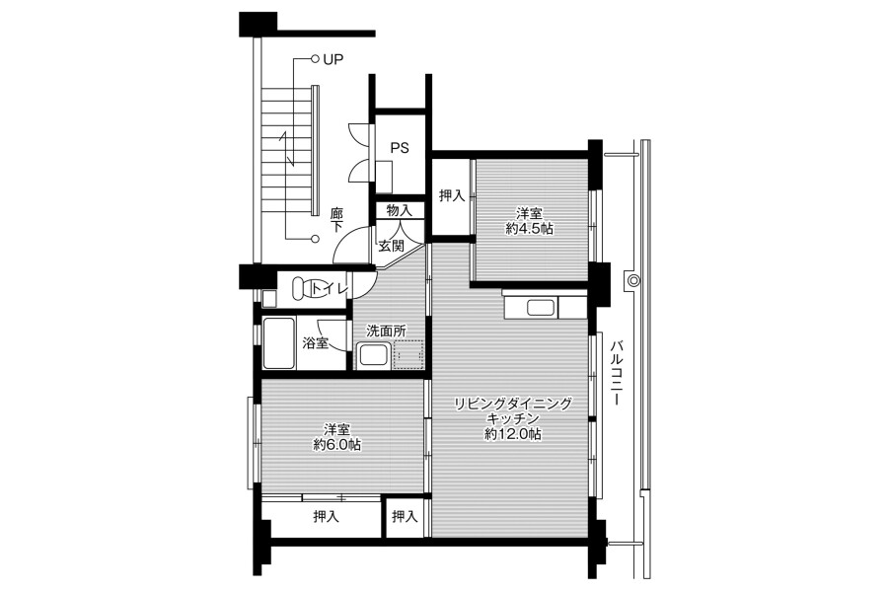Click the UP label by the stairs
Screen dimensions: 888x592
click(333, 59)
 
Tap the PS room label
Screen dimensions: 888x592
click(400, 148)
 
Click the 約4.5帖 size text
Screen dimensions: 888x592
click(530, 229)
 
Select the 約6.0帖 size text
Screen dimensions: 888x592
click(337, 445)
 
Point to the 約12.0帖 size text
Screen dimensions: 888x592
click(512, 434)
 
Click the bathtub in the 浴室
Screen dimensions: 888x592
click(278, 343)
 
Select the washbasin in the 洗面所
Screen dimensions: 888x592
click(373, 356)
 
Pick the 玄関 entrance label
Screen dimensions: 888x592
click(392, 247)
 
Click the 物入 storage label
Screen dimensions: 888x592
click(400, 210)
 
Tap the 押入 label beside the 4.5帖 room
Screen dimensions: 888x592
click(452, 196)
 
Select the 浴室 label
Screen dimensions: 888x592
click(316, 342)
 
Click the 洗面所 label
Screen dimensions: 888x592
click(386, 331)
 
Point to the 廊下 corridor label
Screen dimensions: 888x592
click(337, 219)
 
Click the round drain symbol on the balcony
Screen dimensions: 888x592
click(633, 280)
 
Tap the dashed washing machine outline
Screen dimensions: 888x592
click(407, 354)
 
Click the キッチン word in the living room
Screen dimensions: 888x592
click(512, 418)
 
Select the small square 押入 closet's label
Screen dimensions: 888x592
click(405, 517)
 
